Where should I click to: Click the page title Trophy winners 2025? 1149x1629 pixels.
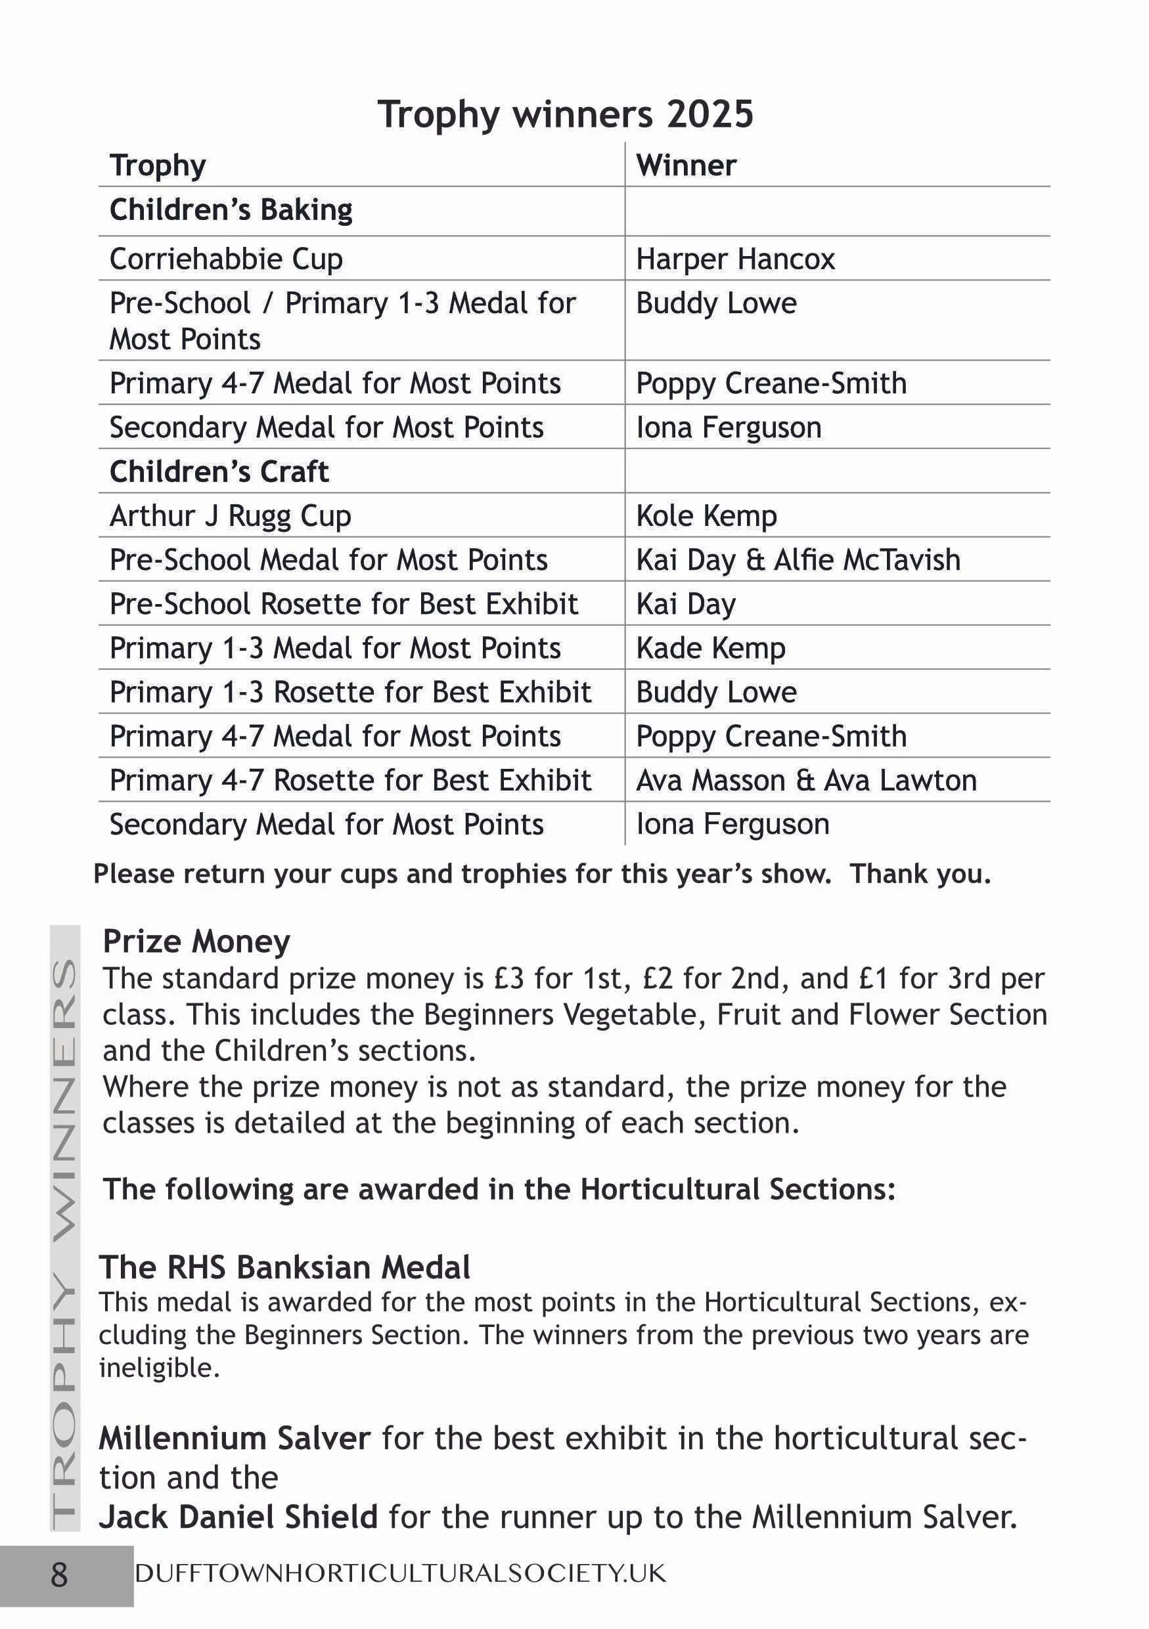[x=565, y=114]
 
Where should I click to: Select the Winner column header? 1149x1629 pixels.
[x=686, y=165]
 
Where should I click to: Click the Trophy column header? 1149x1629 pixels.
[x=158, y=165]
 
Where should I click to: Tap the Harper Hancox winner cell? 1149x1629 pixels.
[x=734, y=259]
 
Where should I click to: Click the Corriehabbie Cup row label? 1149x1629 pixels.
[x=226, y=259]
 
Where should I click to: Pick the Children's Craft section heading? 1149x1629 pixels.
[x=219, y=472]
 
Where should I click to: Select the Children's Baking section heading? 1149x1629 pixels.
[x=231, y=210]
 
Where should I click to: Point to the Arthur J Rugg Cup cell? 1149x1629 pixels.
[x=230, y=516]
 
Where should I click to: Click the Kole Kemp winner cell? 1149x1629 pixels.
[x=706, y=516]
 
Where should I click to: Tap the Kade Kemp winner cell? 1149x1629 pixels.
[x=710, y=648]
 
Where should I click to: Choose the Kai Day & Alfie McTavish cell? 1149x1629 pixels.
[x=798, y=560]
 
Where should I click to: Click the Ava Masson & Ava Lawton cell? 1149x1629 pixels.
[x=805, y=780]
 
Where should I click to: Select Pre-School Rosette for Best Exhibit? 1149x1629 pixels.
[x=344, y=604]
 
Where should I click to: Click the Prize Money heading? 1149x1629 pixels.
[x=196, y=942]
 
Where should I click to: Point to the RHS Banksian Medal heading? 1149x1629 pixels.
[x=284, y=1267]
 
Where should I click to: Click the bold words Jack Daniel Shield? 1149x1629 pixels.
[x=238, y=1517]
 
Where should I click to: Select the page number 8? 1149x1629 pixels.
[x=60, y=1575]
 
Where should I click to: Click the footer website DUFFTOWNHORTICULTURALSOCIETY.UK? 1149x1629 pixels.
[x=400, y=1574]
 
